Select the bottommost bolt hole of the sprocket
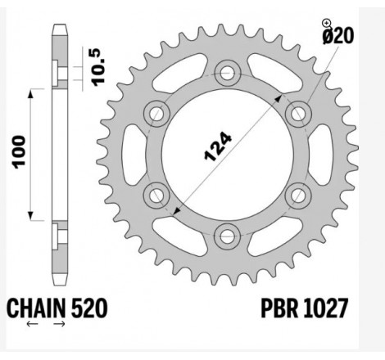225,236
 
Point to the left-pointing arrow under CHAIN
34,325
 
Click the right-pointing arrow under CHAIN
58,325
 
